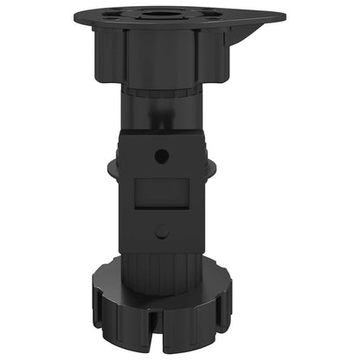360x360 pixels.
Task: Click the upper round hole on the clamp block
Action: [162, 156]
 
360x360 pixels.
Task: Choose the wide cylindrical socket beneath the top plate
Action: [160, 56]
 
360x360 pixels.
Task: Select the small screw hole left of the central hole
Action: [112, 14]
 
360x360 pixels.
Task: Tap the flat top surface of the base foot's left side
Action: [108, 281]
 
